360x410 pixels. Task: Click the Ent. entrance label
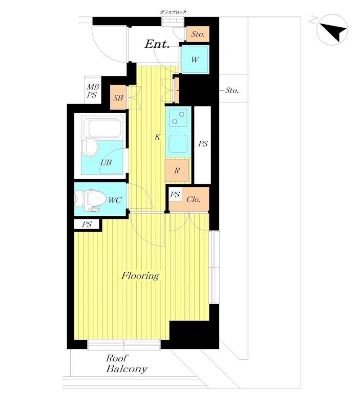coord(157,44)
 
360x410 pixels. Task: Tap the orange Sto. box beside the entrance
coord(198,34)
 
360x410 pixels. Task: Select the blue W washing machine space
coord(195,59)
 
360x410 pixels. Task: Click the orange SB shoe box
coord(118,97)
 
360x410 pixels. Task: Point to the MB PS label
coord(93,91)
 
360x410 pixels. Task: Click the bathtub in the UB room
coord(105,129)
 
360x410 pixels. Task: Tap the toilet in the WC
coord(90,200)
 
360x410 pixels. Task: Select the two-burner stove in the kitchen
coord(178,118)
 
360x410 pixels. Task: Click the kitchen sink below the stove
coord(178,144)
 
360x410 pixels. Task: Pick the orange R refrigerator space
coord(177,171)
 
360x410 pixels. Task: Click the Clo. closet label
coord(194,199)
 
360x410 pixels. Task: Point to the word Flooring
coord(140,276)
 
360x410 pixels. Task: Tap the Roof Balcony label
coord(126,363)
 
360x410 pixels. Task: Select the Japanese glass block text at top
coord(173,12)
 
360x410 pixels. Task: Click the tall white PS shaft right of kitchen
coord(203,145)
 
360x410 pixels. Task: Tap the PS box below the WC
coord(87,224)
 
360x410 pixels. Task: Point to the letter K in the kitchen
coord(157,137)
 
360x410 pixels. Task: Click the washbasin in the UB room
coord(91,147)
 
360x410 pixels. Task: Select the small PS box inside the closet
coord(175,194)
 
